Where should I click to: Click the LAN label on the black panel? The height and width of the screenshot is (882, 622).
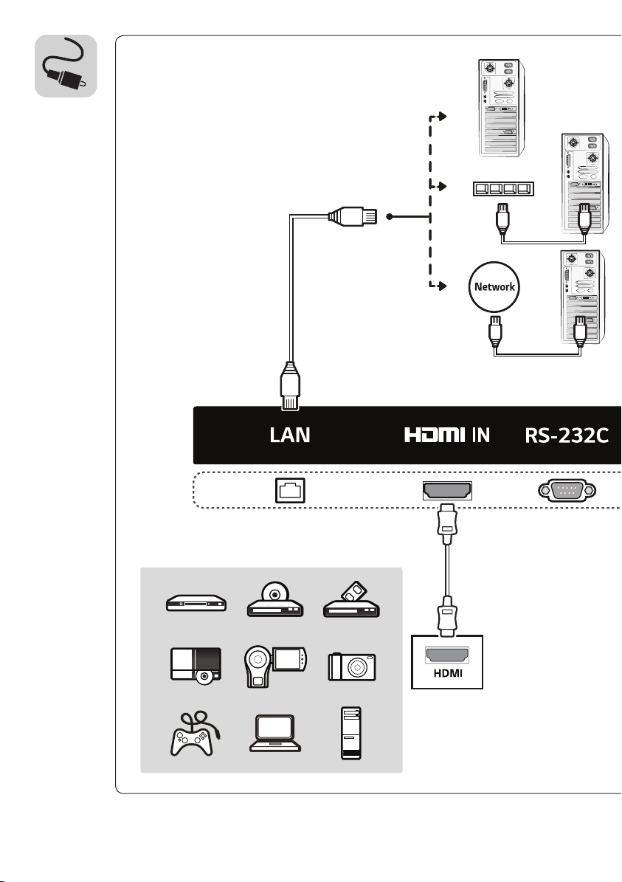click(x=290, y=435)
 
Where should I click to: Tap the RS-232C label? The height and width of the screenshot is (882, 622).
click(x=567, y=435)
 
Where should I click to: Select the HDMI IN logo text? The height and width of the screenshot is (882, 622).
click(x=447, y=435)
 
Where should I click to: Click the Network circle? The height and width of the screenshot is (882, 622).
click(x=494, y=287)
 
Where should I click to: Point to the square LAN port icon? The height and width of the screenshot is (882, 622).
click(x=290, y=491)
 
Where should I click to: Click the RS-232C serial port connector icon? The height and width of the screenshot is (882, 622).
click(x=567, y=491)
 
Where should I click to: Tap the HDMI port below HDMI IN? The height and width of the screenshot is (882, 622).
click(x=447, y=491)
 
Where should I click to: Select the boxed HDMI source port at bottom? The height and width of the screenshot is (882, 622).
click(x=447, y=662)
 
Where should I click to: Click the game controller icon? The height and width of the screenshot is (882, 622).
click(x=195, y=734)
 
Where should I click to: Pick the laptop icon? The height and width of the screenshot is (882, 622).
click(x=275, y=734)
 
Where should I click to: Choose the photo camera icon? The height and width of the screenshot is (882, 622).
click(x=352, y=666)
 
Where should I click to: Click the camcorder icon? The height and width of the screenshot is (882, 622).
click(x=275, y=666)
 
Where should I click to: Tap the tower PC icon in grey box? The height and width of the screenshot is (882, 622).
click(x=351, y=734)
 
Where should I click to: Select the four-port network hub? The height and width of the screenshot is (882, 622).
click(x=503, y=188)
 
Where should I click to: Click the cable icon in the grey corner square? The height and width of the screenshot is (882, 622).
click(x=66, y=66)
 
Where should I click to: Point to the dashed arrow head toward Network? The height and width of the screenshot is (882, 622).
click(x=443, y=286)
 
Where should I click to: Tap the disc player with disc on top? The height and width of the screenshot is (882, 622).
click(x=275, y=599)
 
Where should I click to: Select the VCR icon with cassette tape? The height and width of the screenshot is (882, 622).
click(x=351, y=599)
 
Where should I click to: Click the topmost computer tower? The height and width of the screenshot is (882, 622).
click(x=501, y=108)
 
